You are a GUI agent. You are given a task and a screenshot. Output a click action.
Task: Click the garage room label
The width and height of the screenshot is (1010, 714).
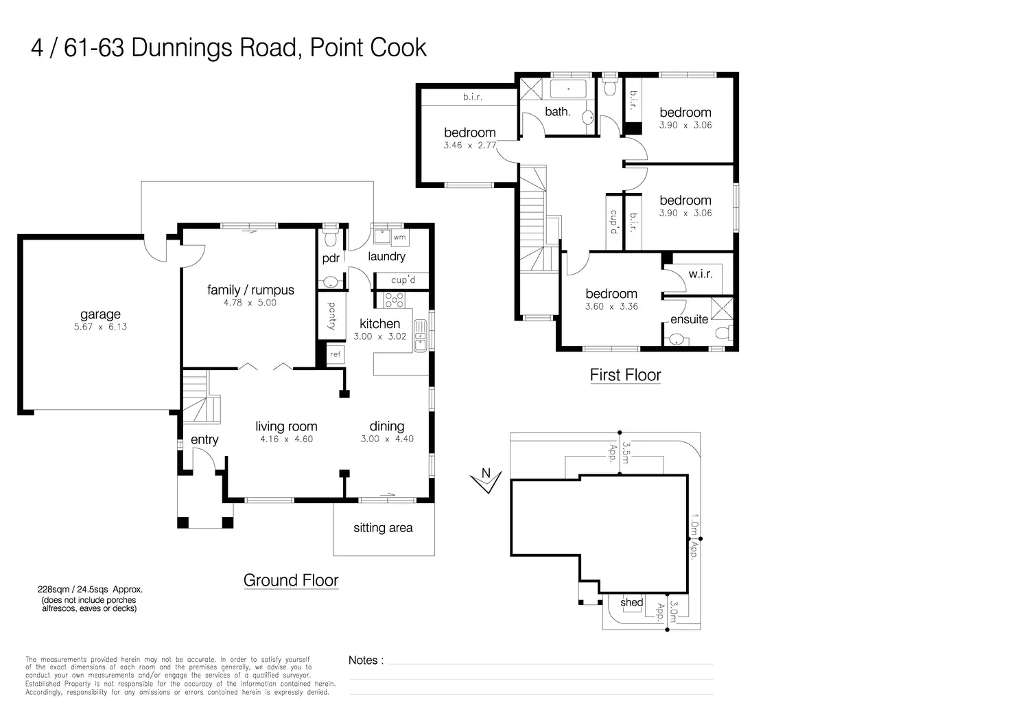pos(100,315)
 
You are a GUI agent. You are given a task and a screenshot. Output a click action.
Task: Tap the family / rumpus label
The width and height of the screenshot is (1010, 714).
pos(250,290)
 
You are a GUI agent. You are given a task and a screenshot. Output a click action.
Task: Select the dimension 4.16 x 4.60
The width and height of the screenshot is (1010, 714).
pos(286,439)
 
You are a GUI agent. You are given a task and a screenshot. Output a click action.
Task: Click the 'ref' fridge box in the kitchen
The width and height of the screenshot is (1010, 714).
pos(335,354)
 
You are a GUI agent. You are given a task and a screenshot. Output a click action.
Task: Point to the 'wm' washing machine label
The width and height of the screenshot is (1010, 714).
pos(399,238)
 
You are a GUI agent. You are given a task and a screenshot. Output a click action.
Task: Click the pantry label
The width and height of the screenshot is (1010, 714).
pos(331,316)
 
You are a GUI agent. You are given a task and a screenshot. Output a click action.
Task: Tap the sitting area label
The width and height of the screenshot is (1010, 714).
pos(383,528)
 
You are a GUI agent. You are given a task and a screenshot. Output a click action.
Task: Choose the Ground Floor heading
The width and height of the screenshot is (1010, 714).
pos(291,580)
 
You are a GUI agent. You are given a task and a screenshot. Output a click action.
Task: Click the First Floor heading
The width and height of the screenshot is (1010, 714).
pos(625,375)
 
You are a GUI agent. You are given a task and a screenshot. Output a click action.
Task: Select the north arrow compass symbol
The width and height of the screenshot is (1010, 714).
pos(486,481)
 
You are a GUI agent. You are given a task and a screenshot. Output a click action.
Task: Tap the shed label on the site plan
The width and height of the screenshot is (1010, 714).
pos(631,603)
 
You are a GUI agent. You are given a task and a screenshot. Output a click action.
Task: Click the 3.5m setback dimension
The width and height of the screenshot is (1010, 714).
pos(625,452)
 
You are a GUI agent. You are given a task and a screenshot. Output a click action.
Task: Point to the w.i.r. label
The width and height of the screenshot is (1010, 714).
pos(700,274)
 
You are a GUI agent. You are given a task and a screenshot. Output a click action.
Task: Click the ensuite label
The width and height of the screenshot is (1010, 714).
pos(689,319)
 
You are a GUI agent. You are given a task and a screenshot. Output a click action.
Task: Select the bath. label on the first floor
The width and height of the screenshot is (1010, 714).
pos(557,111)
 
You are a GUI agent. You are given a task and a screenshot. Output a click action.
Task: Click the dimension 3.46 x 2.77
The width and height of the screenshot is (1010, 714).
pos(469,146)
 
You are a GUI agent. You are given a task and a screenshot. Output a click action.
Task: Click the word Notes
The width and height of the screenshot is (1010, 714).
pos(363,660)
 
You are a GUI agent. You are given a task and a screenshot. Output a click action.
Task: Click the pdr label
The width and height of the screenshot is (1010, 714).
pos(331,259)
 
